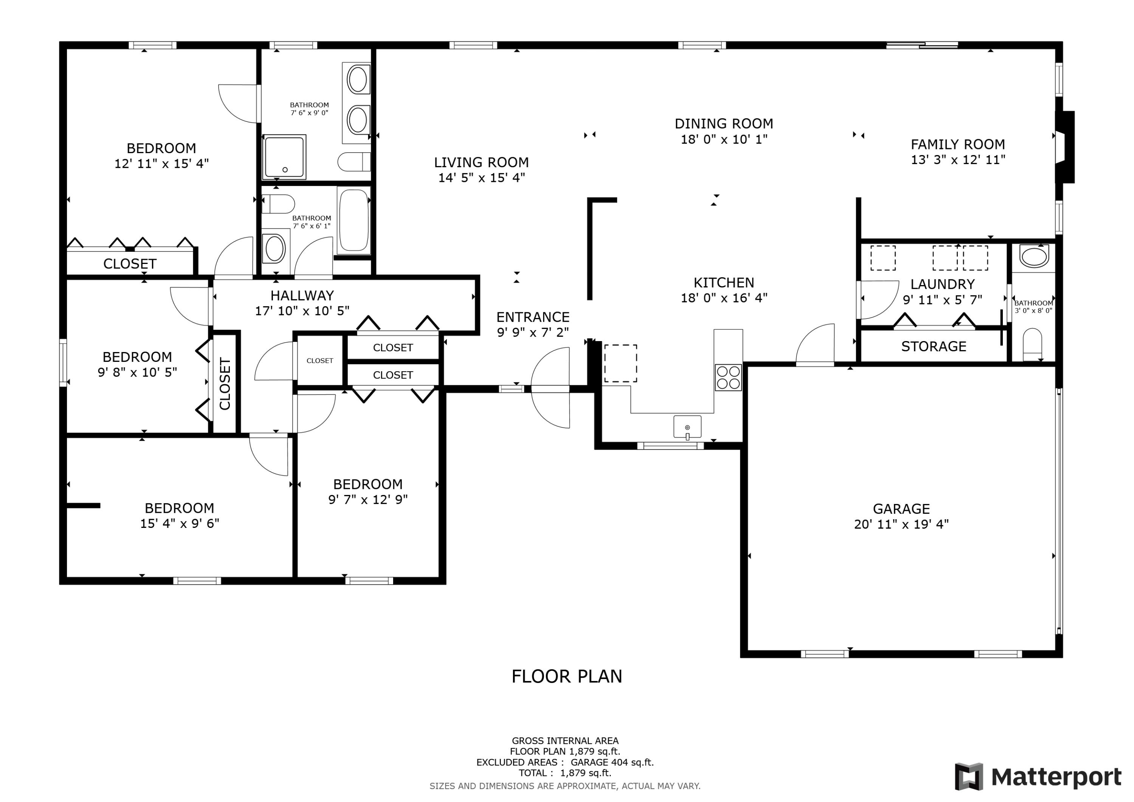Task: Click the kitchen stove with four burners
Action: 728,377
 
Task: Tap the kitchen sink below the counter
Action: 687,427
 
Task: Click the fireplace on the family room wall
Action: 1065,147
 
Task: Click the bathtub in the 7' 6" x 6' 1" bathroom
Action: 354,220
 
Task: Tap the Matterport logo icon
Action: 968,776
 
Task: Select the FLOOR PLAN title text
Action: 567,676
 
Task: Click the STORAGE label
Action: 934,346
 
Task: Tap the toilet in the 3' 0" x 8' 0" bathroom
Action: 1032,344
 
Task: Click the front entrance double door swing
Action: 551,388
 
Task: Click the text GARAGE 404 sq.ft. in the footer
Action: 612,762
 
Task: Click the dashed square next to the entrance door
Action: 620,363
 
